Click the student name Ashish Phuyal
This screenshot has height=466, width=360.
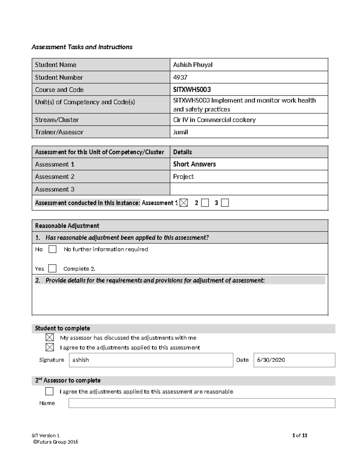193,65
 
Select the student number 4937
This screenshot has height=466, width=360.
180,77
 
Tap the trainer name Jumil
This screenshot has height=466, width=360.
180,132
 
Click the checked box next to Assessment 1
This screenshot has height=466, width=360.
184,203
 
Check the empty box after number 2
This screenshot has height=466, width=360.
205,203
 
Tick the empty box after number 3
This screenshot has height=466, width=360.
225,203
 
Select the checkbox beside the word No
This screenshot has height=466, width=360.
52,249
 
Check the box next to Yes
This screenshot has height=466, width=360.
52,268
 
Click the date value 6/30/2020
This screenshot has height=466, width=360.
271,360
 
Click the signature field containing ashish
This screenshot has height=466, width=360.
151,360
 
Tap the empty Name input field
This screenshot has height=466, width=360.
202,403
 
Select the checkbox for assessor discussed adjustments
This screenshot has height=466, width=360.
50,337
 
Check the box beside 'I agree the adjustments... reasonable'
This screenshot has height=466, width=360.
49,391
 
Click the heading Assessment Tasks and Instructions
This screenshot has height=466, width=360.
82,47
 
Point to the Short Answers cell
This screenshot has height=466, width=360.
194,164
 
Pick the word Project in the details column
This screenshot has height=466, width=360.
183,177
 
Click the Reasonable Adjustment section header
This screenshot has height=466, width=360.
67,226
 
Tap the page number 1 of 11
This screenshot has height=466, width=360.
299,435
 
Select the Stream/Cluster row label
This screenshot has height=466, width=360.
57,120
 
